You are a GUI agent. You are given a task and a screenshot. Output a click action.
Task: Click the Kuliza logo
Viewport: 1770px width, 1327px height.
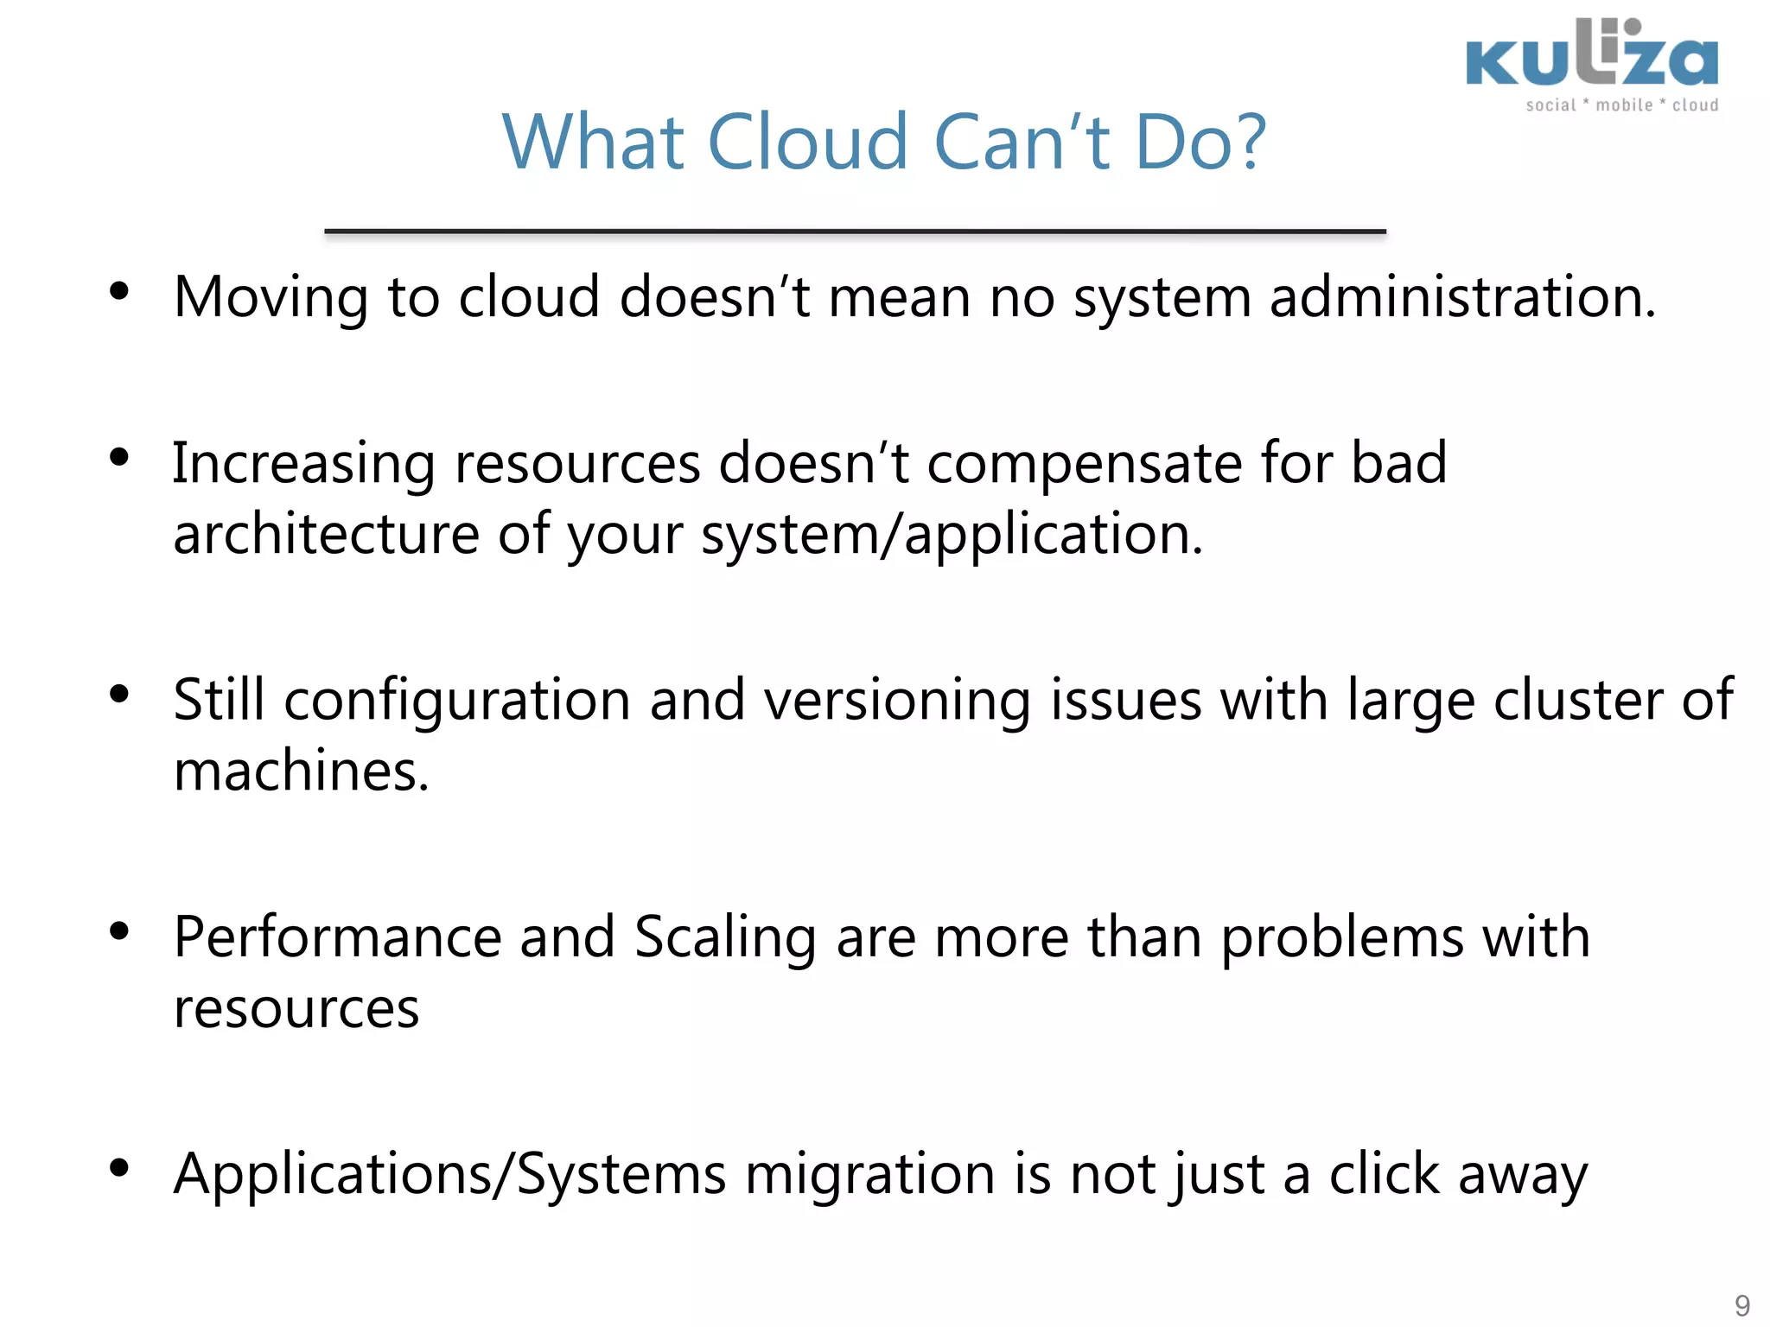(x=1592, y=64)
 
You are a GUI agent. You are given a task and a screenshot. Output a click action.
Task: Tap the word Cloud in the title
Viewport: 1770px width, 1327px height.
(x=807, y=142)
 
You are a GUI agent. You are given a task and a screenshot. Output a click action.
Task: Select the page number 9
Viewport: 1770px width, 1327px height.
(x=1742, y=1305)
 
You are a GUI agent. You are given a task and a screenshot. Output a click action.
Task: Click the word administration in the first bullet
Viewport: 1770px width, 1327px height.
(x=1462, y=297)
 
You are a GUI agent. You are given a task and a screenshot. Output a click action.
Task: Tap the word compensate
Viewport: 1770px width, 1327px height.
(x=1085, y=465)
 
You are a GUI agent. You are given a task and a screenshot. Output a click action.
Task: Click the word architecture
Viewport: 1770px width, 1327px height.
(x=326, y=534)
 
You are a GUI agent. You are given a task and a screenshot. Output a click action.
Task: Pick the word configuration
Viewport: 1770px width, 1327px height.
(x=457, y=702)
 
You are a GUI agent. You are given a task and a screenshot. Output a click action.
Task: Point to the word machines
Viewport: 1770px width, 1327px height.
(x=301, y=771)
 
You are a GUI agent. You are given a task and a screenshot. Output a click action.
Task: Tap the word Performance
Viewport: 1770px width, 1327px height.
(x=337, y=937)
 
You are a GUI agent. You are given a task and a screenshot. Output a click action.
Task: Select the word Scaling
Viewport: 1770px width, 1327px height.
(x=725, y=939)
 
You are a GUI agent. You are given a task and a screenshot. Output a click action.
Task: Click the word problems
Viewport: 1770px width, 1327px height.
(x=1342, y=939)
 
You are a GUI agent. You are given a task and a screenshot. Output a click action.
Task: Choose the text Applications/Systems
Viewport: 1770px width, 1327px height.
(x=449, y=1176)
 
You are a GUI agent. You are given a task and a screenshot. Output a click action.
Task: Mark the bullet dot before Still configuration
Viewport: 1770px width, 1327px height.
(x=119, y=694)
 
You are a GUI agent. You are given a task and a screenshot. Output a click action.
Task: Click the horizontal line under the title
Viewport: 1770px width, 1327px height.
(x=855, y=232)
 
